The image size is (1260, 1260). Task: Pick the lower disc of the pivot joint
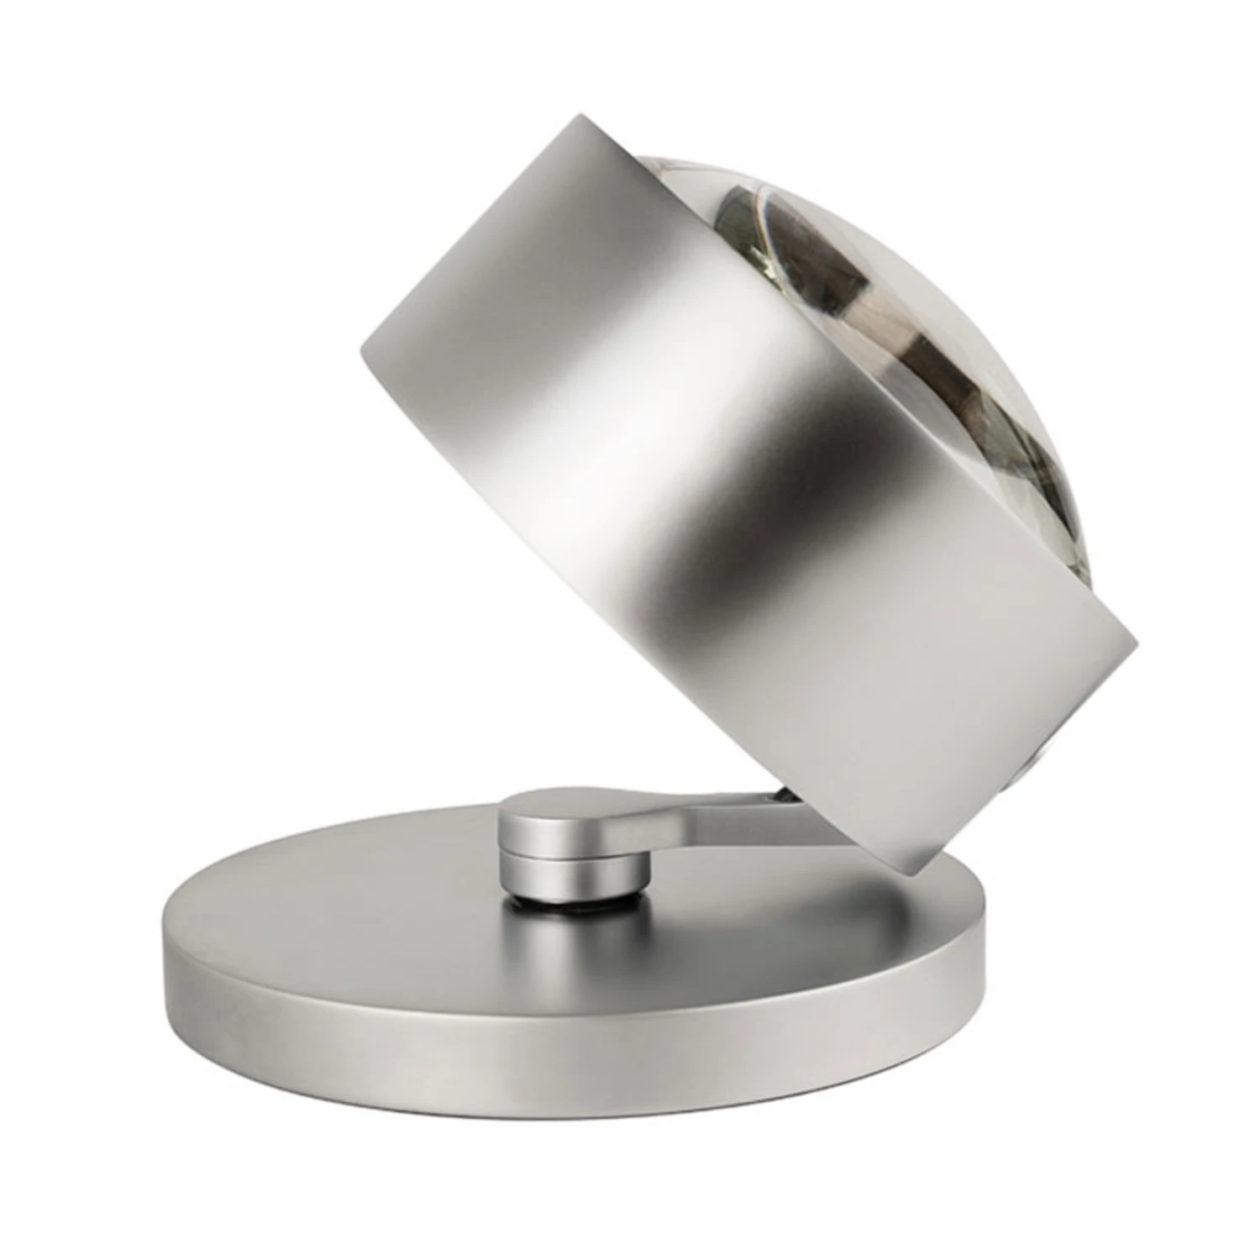(571, 874)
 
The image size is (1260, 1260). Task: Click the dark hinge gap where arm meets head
(777, 794)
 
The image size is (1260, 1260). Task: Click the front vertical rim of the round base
(571, 1050)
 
